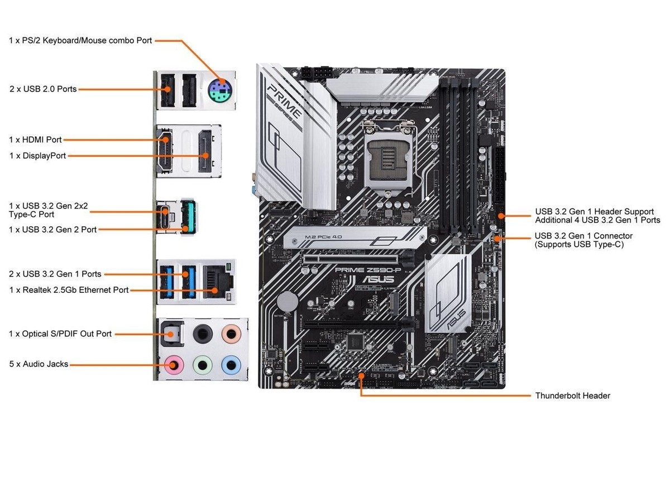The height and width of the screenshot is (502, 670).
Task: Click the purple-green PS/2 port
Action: point(222,90)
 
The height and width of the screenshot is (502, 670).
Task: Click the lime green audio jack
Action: point(202,365)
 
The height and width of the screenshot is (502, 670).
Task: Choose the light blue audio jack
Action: point(229,365)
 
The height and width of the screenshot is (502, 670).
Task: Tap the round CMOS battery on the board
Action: point(288,302)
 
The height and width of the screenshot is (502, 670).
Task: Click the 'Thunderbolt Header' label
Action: point(572,395)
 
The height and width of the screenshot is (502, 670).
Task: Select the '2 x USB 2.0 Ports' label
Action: point(43,89)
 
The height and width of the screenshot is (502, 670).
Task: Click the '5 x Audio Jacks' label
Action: point(39,364)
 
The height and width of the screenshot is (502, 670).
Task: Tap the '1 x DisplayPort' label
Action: point(37,156)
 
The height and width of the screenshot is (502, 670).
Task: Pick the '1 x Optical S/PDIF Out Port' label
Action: point(60,334)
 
